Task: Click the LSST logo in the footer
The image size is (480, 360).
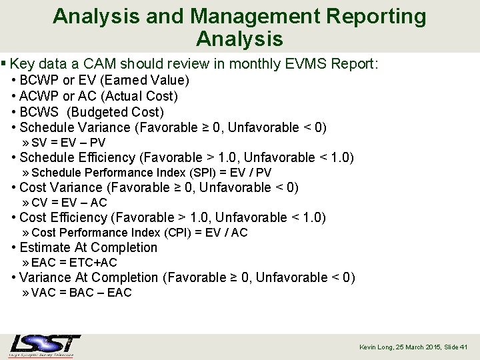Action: [x=45, y=345]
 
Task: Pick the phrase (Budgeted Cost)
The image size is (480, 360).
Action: [x=116, y=112]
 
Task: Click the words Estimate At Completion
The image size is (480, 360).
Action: [x=89, y=247]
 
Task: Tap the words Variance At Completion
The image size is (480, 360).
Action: [x=89, y=277]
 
